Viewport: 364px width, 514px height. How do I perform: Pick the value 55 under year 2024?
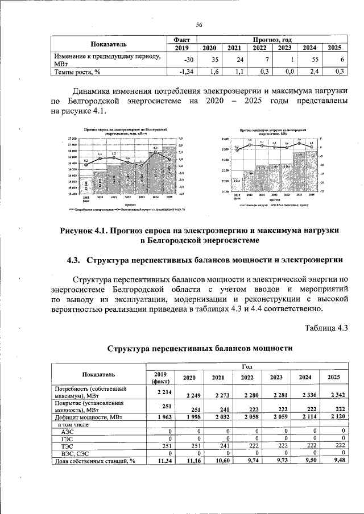[311, 60]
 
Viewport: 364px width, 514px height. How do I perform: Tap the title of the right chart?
[266, 132]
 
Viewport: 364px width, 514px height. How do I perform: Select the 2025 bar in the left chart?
[169, 170]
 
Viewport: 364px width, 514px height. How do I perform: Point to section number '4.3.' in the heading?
[76, 260]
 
